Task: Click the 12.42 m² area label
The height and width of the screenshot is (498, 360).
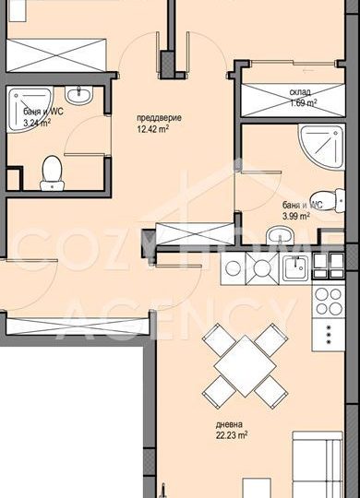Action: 152,129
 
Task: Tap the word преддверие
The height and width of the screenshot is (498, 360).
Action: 159,118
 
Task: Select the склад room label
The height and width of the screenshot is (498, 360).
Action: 300,92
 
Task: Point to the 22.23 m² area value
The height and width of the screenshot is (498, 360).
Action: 232,434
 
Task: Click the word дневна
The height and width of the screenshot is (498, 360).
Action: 229,424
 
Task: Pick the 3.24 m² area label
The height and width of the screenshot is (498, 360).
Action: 37,123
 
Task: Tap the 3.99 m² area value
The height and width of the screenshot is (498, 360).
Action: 296,217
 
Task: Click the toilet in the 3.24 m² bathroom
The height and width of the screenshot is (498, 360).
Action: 52,173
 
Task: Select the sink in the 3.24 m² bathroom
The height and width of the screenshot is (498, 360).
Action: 78,95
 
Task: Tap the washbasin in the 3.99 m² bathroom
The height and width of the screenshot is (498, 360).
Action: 280,235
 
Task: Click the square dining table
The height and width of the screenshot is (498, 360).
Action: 245,366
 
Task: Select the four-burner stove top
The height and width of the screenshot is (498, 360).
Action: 329,301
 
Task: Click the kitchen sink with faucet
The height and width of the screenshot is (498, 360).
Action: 295,267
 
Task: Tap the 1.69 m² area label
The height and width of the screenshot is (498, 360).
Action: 303,102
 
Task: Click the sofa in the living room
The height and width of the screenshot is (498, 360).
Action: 318,464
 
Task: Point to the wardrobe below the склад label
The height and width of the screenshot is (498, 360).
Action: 293,100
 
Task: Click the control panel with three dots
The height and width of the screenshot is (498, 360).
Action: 329,334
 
